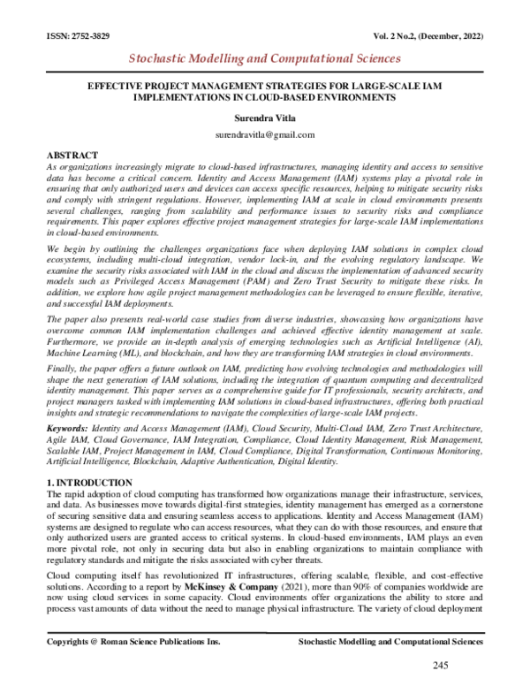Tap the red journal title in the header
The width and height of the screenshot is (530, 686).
(x=265, y=59)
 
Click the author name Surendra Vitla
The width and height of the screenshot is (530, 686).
(x=265, y=115)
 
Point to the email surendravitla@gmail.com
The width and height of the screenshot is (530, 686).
(x=265, y=134)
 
